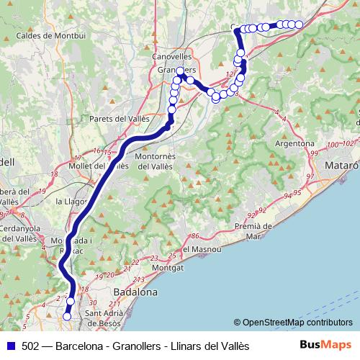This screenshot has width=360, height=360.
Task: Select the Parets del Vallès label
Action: [x=115, y=118]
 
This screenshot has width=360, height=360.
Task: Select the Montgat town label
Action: [x=168, y=266]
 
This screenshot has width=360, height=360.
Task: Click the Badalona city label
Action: [x=136, y=292]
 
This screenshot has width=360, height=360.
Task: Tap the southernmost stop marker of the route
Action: [x=67, y=315]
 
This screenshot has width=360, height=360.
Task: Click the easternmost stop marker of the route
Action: [x=299, y=24]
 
